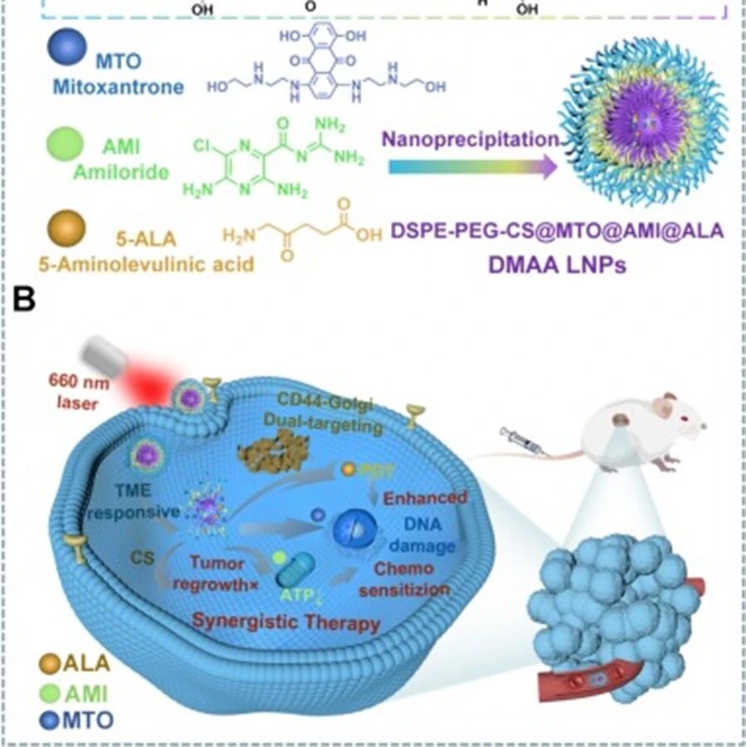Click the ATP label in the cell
(297, 594)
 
